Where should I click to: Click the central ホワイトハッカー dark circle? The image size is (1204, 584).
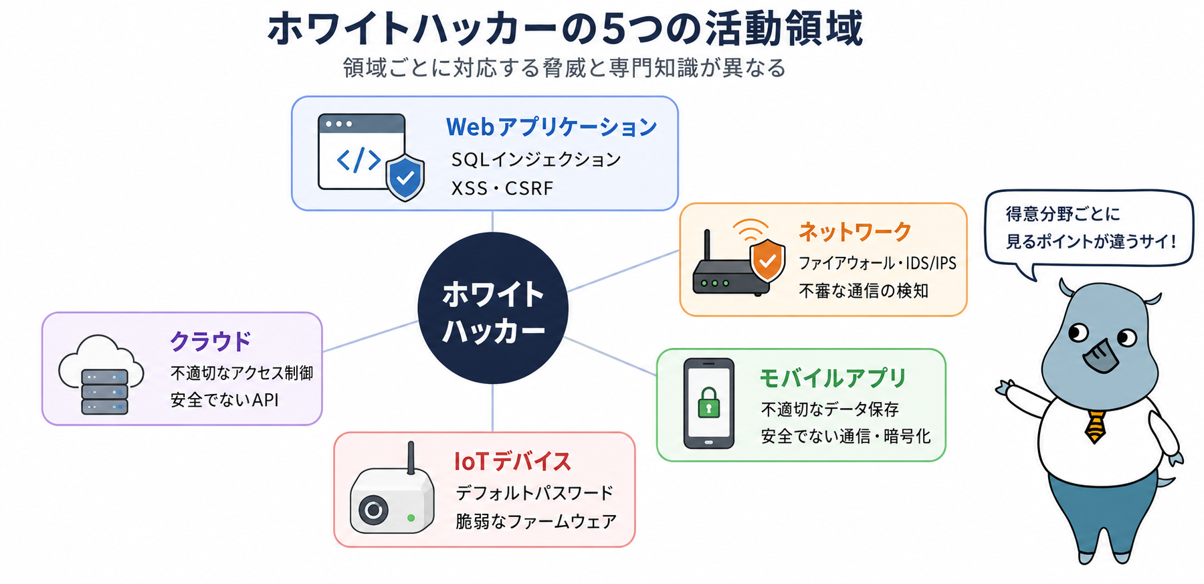(x=493, y=308)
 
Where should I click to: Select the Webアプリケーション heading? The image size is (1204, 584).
(x=552, y=126)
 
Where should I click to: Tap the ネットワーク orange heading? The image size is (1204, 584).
(x=855, y=231)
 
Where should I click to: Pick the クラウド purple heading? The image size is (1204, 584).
(x=211, y=340)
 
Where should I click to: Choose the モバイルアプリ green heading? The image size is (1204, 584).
(x=833, y=378)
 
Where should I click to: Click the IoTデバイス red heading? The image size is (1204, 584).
(x=512, y=462)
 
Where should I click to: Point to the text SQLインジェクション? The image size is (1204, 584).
(x=536, y=159)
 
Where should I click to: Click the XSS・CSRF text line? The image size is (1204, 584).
(x=502, y=189)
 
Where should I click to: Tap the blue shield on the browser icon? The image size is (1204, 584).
(x=405, y=177)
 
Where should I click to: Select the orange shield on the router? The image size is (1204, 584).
(x=767, y=261)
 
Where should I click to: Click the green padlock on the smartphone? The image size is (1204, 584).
(x=708, y=402)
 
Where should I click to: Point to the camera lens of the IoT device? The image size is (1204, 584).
(x=373, y=511)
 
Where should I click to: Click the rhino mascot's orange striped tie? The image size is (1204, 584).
(x=1095, y=427)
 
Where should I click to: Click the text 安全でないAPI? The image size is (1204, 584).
(x=224, y=400)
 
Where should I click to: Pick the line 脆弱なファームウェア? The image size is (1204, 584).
(x=536, y=521)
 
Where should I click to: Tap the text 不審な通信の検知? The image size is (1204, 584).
(x=864, y=291)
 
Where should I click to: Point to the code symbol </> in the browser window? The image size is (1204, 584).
(x=359, y=160)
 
